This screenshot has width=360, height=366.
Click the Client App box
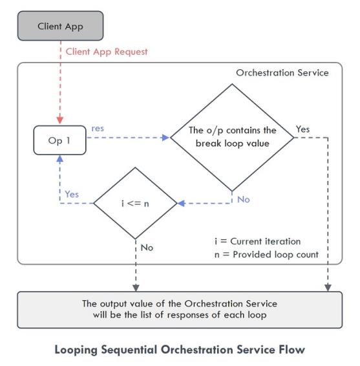coord(60,26)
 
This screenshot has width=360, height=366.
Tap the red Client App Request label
coord(107,52)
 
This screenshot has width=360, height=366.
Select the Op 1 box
coord(59,140)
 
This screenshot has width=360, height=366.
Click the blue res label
coord(98,129)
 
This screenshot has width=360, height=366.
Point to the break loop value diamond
coord(232,138)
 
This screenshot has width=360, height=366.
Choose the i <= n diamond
coord(135,203)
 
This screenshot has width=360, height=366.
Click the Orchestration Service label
coord(282,73)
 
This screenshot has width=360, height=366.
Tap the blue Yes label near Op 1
coord(72,194)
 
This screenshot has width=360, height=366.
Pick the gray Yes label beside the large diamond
coord(303,129)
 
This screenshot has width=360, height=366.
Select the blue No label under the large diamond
coord(244,200)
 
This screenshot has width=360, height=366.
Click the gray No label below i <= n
coord(147,248)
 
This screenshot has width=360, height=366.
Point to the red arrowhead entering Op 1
coord(60,120)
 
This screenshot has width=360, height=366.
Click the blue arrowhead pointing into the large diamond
coord(165,138)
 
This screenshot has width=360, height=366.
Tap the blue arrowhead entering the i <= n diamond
coord(182,203)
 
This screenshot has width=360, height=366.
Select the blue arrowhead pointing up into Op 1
coord(60,159)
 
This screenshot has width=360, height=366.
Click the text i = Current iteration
coord(258,241)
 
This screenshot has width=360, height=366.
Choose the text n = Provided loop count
coord(266,255)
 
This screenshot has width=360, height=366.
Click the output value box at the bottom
coord(180,310)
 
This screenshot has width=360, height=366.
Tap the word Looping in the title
coord(76,350)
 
